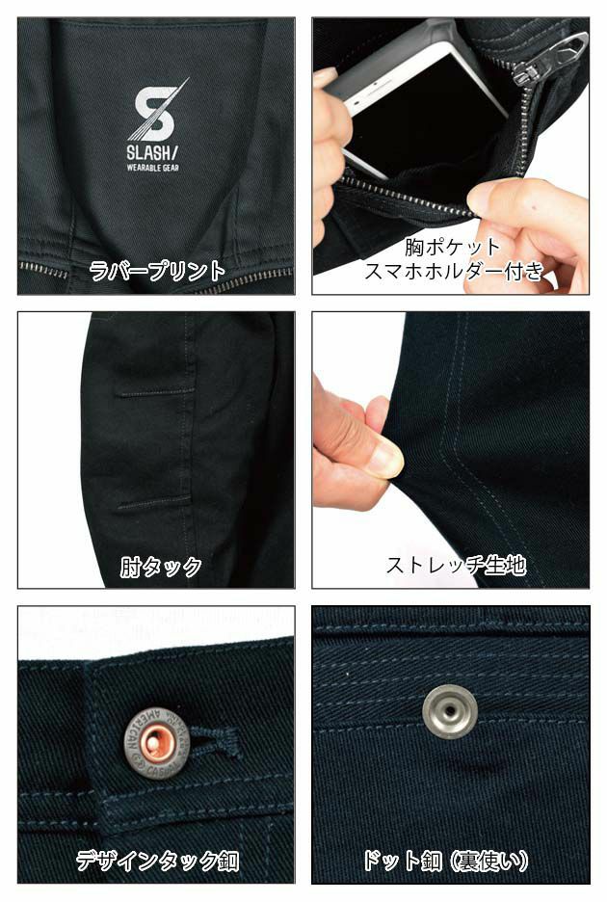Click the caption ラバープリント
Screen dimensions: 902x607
point(156,271)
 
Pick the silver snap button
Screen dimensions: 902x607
point(448,710)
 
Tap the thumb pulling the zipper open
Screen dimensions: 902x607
point(501,199)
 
